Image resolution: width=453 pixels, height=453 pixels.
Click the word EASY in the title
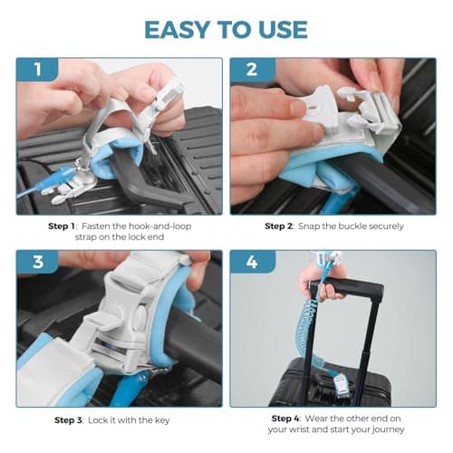177,30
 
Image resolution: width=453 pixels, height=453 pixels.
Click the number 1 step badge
37,70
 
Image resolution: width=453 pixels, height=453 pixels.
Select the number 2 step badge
253,70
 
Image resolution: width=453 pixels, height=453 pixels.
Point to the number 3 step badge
38,262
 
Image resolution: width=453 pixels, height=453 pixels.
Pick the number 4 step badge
253,262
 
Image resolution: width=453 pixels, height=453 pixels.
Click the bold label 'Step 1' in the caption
62,226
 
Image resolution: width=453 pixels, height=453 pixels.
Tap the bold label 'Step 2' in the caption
279,226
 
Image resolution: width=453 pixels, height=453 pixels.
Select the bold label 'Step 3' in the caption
69,420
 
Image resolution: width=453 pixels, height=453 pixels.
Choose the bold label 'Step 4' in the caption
285,419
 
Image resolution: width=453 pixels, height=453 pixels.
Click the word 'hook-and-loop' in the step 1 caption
160,226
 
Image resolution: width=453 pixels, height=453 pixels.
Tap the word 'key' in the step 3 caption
162,420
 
